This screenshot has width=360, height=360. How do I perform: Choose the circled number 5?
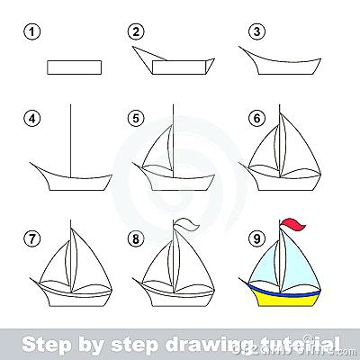(137, 119)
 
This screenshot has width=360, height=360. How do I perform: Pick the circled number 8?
(137, 240)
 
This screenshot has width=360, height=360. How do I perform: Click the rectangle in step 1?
(72, 66)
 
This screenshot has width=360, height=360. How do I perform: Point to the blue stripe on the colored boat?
(286, 290)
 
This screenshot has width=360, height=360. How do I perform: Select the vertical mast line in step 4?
(69, 135)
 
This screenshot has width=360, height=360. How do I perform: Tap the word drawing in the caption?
(207, 343)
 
